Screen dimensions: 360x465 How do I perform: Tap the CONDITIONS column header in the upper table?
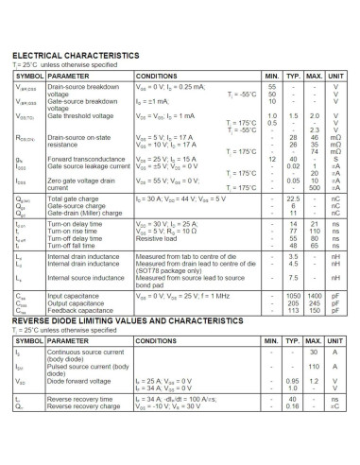pos(156,75)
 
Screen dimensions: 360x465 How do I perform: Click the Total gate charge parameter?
pos(76,198)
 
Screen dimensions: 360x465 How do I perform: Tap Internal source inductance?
pos(86,278)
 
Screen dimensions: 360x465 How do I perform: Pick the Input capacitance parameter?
pos(75,297)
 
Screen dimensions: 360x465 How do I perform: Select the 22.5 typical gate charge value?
pos(293,198)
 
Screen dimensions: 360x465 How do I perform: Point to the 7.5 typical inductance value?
pos(293,278)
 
